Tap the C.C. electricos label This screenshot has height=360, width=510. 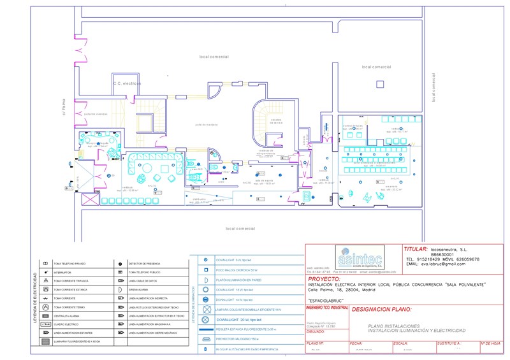(127, 83)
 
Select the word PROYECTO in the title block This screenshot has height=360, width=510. (324, 279)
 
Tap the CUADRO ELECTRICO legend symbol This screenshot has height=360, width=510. (45, 324)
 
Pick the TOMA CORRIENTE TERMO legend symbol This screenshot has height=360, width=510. (45, 306)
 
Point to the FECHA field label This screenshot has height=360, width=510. (355, 342)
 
